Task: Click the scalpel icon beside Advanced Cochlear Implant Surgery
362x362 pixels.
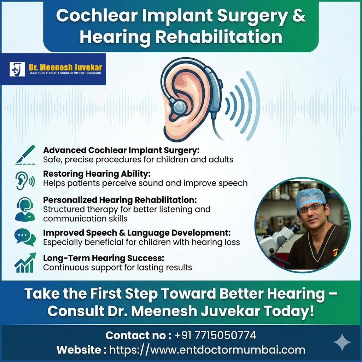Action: click(x=25, y=155)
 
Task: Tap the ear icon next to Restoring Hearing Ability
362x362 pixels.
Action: click(x=25, y=180)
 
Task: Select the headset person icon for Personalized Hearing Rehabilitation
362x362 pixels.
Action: click(x=25, y=209)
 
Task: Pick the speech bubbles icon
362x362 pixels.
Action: click(x=25, y=237)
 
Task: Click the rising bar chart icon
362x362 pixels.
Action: click(x=25, y=263)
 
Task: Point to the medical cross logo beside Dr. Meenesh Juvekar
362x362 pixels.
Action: click(x=17, y=69)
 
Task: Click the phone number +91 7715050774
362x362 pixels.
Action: click(x=216, y=335)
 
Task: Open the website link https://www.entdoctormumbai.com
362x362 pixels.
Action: click(x=207, y=350)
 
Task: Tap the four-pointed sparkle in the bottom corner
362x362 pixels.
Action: click(x=342, y=342)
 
